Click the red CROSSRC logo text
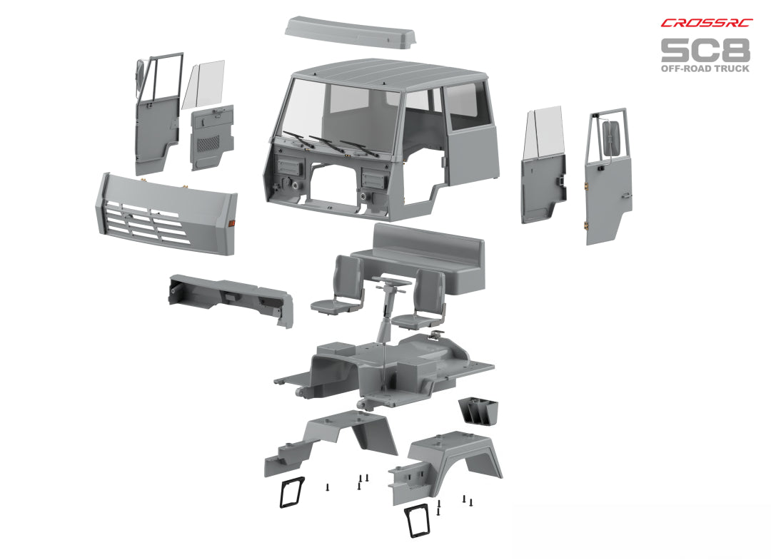705,24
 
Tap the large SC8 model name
705,50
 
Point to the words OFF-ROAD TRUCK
705,68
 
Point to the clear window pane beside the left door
203,84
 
